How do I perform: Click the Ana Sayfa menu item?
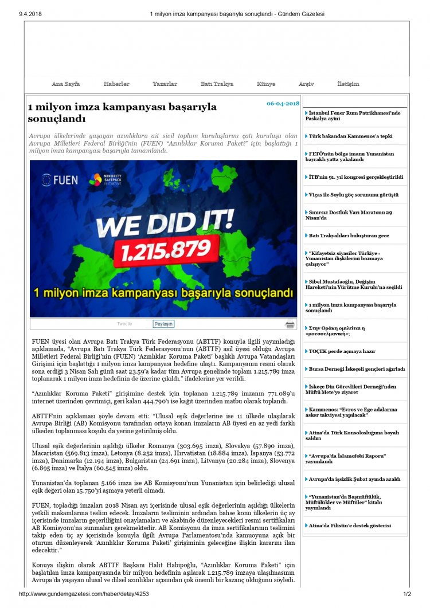(x=65, y=84)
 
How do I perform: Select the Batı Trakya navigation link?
(x=217, y=84)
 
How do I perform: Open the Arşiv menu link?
(x=306, y=84)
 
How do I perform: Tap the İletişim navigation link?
(x=348, y=84)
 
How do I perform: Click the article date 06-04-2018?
(x=283, y=104)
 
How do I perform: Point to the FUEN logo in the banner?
(x=60, y=180)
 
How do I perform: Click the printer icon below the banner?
(x=290, y=324)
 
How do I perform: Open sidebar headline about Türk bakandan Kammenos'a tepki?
(x=342, y=136)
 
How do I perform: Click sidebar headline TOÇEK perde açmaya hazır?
(x=342, y=351)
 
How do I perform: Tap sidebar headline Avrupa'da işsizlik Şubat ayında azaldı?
(x=354, y=479)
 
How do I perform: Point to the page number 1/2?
(x=407, y=594)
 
